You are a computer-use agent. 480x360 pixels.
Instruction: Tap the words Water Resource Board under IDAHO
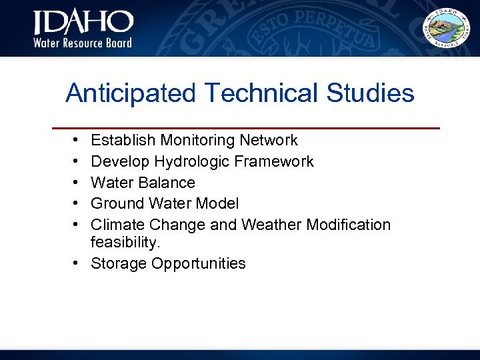click(x=83, y=43)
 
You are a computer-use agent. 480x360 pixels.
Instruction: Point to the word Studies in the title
click(x=370, y=93)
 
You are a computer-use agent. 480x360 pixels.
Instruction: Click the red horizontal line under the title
click(x=246, y=127)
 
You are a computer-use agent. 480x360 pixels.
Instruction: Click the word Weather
click(x=271, y=225)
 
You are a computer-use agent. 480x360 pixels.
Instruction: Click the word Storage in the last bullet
click(x=118, y=263)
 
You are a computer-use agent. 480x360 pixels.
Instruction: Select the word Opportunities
click(x=199, y=264)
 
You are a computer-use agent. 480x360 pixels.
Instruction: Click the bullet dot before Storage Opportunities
click(x=79, y=263)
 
